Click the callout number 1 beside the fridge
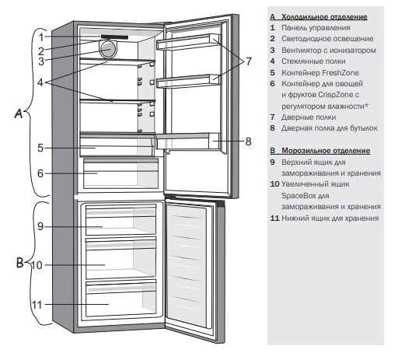point(41,37)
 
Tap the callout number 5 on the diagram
point(40,148)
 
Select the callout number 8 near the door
point(248,142)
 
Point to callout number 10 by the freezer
point(37,265)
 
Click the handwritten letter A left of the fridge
point(19,114)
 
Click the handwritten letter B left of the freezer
point(19,262)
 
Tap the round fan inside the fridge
point(108,49)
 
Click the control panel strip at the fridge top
point(114,37)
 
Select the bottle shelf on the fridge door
point(187,142)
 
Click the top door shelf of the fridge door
point(189,41)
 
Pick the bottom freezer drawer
point(121,299)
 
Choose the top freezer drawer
point(121,220)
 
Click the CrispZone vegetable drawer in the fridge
point(120,173)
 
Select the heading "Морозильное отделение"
point(326,151)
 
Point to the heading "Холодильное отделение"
point(324,17)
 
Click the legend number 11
point(274,218)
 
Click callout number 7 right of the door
point(249,61)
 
